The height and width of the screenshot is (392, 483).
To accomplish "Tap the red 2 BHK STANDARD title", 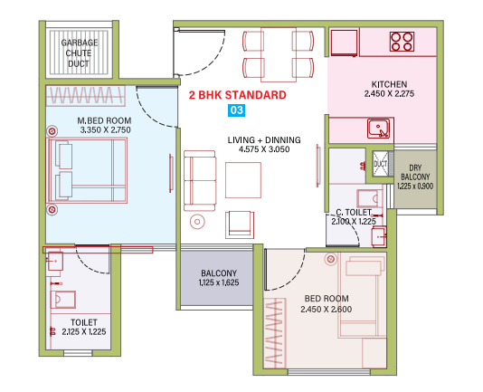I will click(238, 94).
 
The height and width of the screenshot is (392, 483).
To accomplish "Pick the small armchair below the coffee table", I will click(240, 223).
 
